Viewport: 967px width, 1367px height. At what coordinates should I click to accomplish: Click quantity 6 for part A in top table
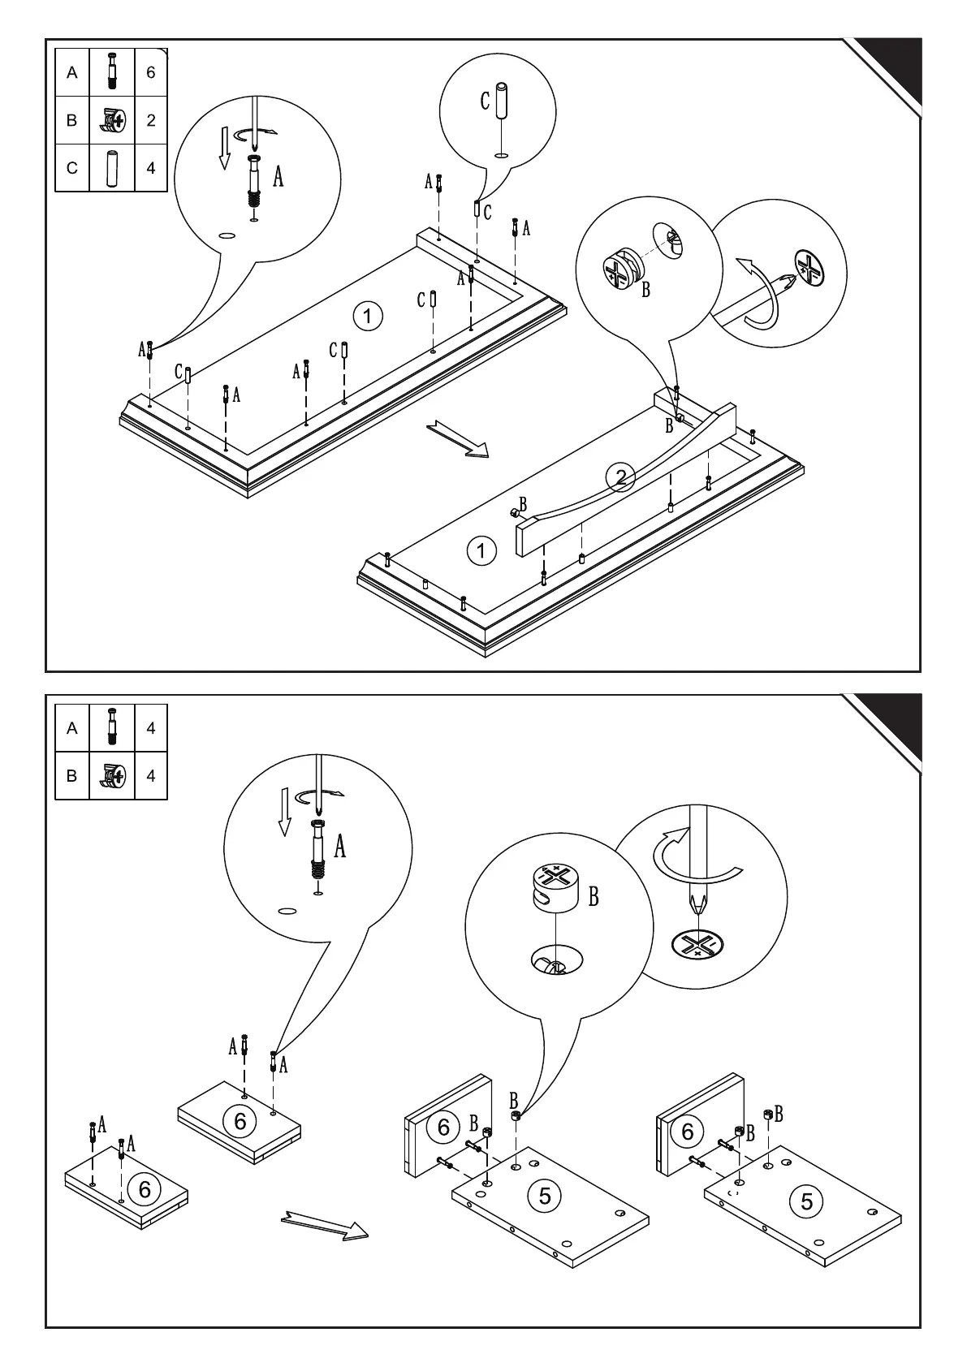pos(151,72)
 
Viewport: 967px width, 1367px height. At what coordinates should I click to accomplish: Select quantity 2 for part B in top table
pos(151,120)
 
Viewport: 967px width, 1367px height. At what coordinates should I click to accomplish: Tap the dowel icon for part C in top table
pos(111,167)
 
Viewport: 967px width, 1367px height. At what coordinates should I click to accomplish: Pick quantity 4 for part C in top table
pos(151,168)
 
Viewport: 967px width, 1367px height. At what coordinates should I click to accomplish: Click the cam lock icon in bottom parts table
pos(111,776)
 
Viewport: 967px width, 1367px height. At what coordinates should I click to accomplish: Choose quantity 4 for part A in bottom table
pos(151,728)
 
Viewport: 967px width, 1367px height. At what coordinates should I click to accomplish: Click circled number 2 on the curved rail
pos(621,477)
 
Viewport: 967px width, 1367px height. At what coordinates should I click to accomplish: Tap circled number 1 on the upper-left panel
pos(369,314)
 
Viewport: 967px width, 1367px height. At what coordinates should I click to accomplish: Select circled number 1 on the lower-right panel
pos(481,551)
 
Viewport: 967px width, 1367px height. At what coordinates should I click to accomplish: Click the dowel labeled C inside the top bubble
pos(503,101)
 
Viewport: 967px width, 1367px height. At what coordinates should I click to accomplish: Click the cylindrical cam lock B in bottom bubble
pos(555,887)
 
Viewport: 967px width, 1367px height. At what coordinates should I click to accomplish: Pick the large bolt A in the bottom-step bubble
pos(318,849)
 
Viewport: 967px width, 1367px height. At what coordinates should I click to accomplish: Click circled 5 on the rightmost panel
pos(806,1201)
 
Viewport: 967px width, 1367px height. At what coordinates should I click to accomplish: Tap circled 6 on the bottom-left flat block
pos(145,1190)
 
